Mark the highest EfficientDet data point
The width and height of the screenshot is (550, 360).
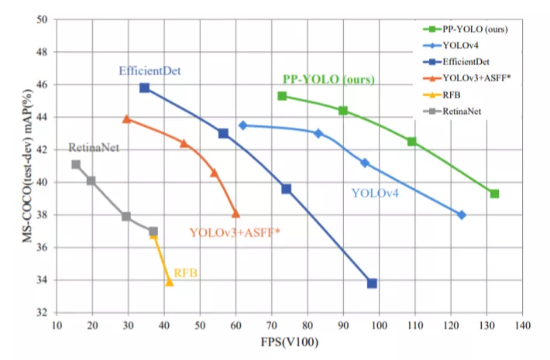point(144,87)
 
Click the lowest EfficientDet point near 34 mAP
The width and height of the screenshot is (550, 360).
point(372,283)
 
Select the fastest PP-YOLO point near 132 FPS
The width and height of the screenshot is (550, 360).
point(494,194)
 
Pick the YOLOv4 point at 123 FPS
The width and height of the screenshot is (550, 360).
point(462,214)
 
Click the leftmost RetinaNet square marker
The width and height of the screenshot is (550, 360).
point(76,164)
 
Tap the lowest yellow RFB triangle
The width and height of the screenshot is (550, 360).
point(169,282)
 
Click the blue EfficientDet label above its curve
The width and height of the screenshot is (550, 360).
point(150,70)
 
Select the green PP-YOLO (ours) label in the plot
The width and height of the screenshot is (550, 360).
point(328,80)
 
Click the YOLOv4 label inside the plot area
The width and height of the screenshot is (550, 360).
point(375,193)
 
